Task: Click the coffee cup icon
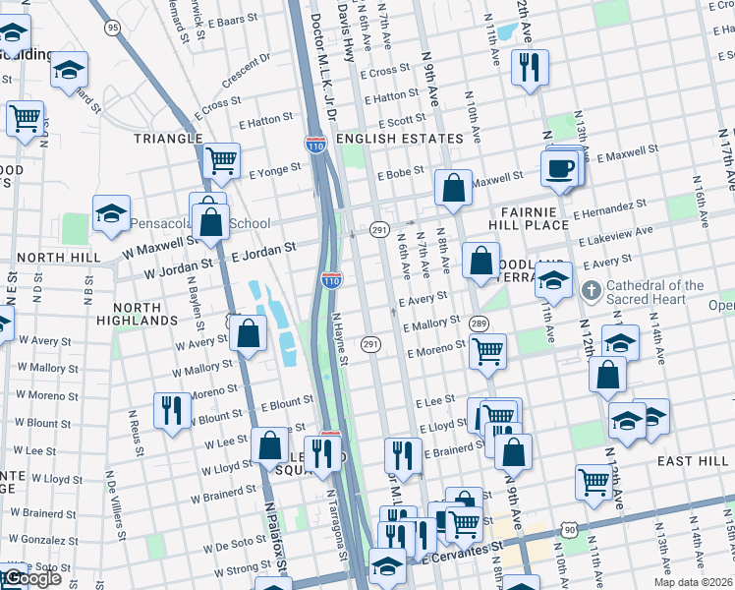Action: (x=559, y=166)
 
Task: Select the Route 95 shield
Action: (x=113, y=28)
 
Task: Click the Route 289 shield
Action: (x=480, y=324)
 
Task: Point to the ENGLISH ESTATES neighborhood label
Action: (x=399, y=139)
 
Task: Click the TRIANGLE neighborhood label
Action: (x=168, y=139)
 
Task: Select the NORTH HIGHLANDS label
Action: (x=138, y=313)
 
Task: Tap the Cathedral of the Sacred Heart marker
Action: (x=591, y=290)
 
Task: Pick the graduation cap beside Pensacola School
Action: (x=112, y=213)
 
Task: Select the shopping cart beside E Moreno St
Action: (x=487, y=351)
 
